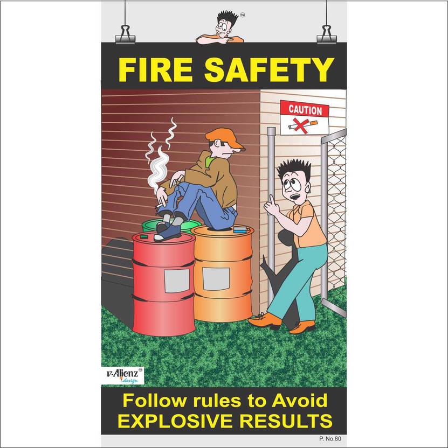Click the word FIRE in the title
[x=155, y=69]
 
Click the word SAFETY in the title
[x=268, y=69]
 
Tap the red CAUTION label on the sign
[x=305, y=110]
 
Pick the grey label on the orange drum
[x=216, y=277]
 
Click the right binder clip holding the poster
[x=326, y=35]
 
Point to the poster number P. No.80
[x=330, y=439]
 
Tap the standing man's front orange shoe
[x=266, y=320]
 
